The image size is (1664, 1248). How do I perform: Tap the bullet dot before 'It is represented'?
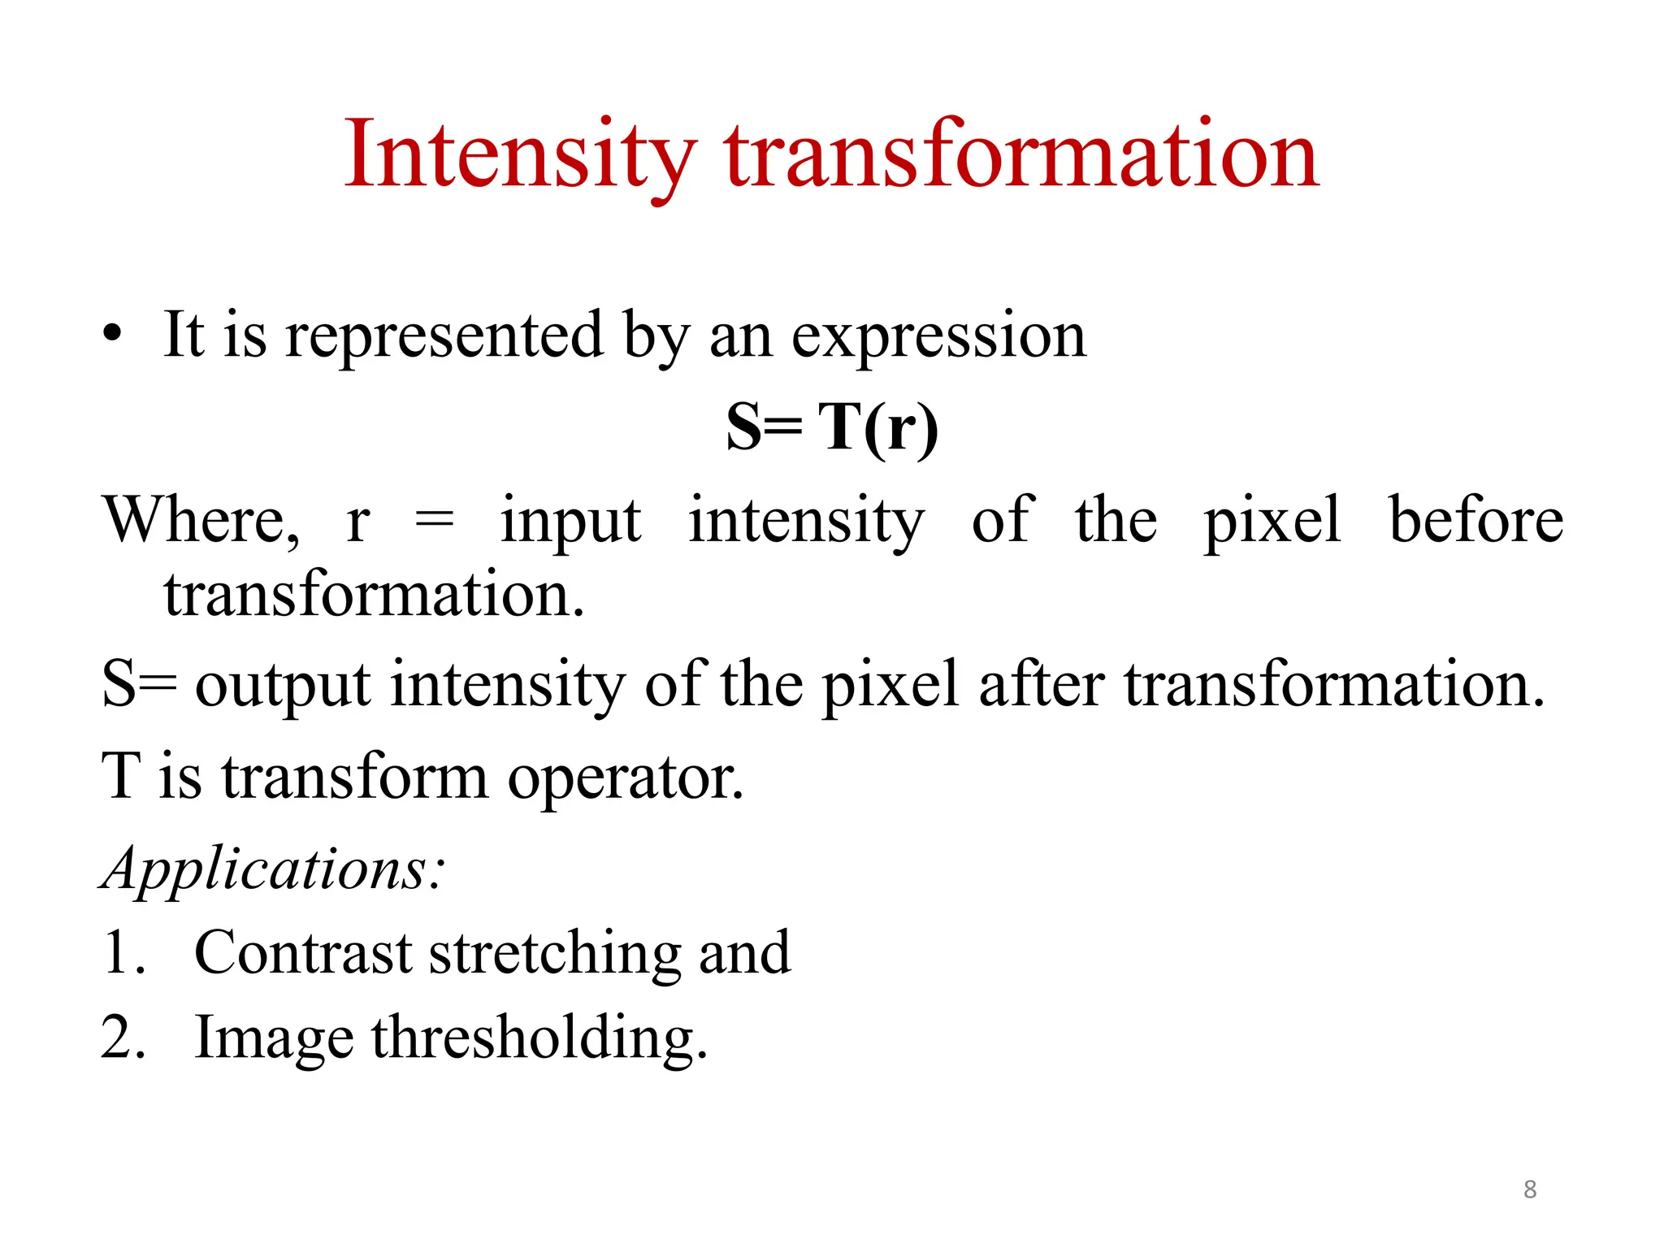(112, 334)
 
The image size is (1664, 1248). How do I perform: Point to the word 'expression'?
(938, 336)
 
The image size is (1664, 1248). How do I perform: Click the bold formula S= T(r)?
(832, 427)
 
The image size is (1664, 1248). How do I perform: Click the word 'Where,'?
(201, 520)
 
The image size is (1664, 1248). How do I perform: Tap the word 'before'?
(1475, 520)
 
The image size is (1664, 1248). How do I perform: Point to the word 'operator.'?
(626, 777)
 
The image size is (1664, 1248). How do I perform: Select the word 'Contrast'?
(303, 952)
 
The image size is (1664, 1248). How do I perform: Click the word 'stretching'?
(555, 954)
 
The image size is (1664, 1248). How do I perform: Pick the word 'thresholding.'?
(539, 1038)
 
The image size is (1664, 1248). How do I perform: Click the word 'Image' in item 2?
(274, 1040)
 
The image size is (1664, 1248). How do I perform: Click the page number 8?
(1530, 1189)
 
